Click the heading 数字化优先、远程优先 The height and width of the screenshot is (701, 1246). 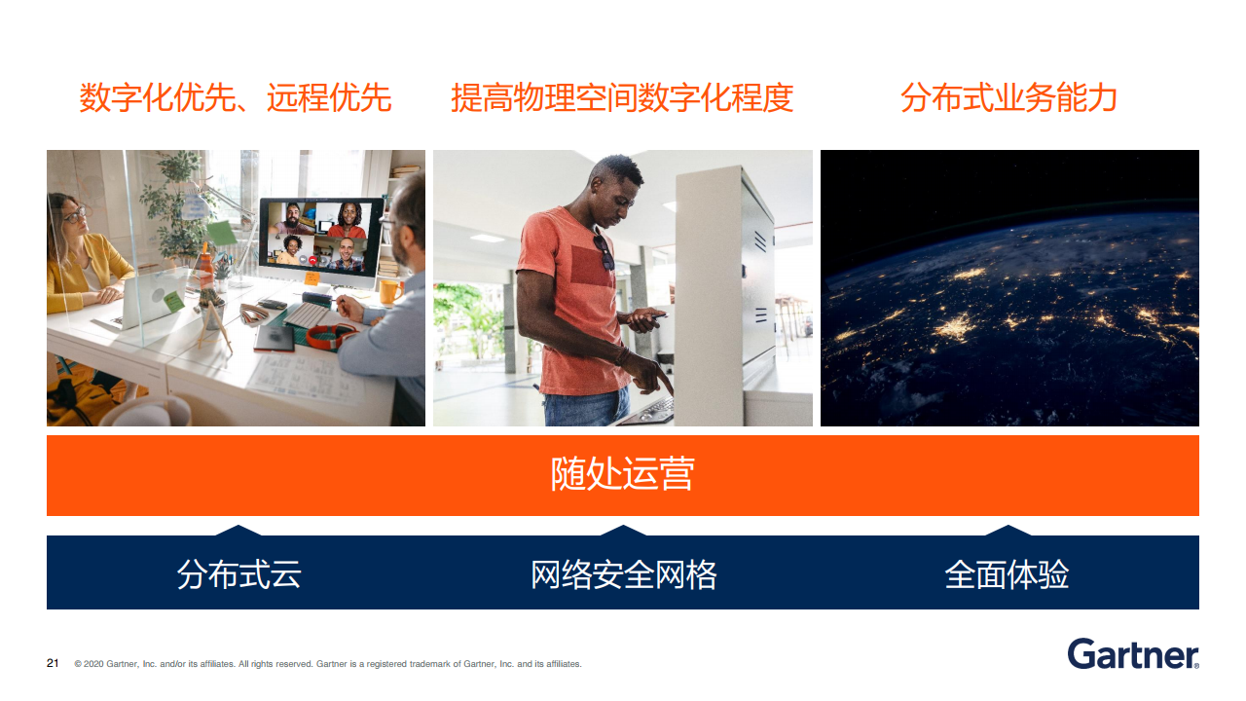coord(236,98)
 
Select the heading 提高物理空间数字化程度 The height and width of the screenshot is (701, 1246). coord(622,98)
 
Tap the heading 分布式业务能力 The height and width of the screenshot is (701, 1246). coord(1008,98)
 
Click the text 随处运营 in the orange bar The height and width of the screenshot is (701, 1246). coord(622,474)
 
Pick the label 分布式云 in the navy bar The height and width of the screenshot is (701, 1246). coord(239,574)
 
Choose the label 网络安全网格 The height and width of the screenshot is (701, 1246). coord(624,574)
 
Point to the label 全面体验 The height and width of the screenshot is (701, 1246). coord(1007,574)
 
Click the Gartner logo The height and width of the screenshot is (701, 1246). coord(1133,654)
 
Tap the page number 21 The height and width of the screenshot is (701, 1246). coord(53,663)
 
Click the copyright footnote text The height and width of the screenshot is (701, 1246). coord(328,664)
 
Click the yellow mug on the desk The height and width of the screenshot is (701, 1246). coord(390,292)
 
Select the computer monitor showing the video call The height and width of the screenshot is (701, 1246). coord(320,240)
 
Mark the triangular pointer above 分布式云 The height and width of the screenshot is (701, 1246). coord(238,531)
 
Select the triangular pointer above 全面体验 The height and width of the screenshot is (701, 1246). coord(1008,531)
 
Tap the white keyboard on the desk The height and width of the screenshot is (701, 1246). coord(308,314)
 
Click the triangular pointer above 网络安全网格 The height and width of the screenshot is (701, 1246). coord(623,531)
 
